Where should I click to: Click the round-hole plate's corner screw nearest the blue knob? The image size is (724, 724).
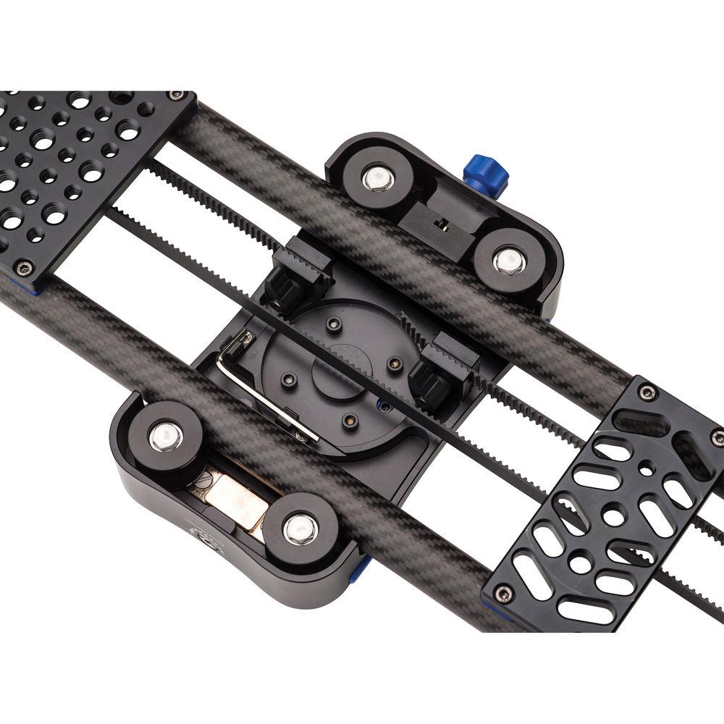coord(175,96)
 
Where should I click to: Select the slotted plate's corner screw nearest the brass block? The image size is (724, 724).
coord(503,594)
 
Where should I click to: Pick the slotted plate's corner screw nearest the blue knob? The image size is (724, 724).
coord(647,392)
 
